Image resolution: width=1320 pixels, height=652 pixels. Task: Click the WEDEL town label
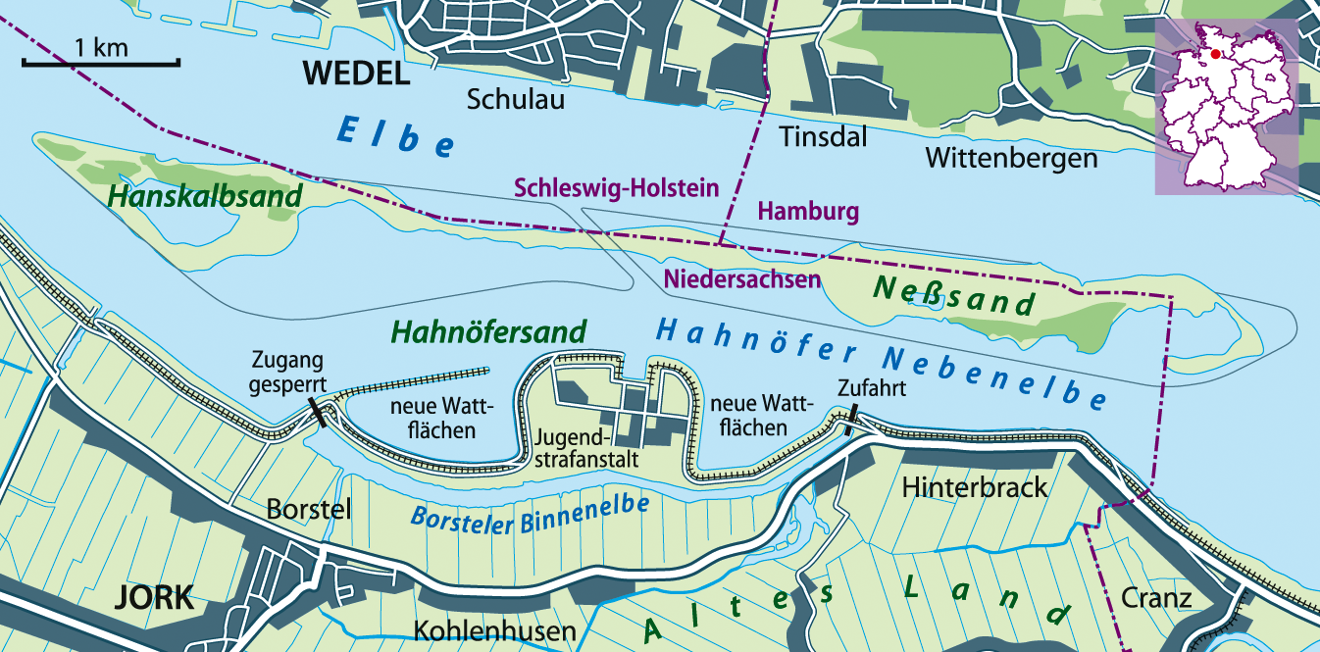[355, 73]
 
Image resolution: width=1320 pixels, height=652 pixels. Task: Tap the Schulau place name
[516, 99]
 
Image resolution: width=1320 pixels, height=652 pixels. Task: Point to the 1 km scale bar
[100, 64]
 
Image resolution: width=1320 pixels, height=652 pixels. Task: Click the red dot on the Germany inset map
[1215, 55]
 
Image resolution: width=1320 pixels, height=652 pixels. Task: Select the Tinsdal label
[823, 137]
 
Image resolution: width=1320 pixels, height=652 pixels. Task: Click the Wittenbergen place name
[1011, 158]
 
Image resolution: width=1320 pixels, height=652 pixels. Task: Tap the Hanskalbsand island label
[205, 197]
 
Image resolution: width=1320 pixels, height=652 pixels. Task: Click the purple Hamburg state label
[809, 211]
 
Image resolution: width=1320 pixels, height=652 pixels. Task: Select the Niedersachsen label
[742, 279]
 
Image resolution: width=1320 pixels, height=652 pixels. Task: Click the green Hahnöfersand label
[488, 332]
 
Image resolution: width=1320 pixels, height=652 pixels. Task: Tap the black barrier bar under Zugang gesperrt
[318, 412]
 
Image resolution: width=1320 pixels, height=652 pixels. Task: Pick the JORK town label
[155, 598]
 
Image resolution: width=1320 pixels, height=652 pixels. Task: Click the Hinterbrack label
[975, 486]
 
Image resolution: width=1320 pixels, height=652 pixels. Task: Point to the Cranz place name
[1158, 598]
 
